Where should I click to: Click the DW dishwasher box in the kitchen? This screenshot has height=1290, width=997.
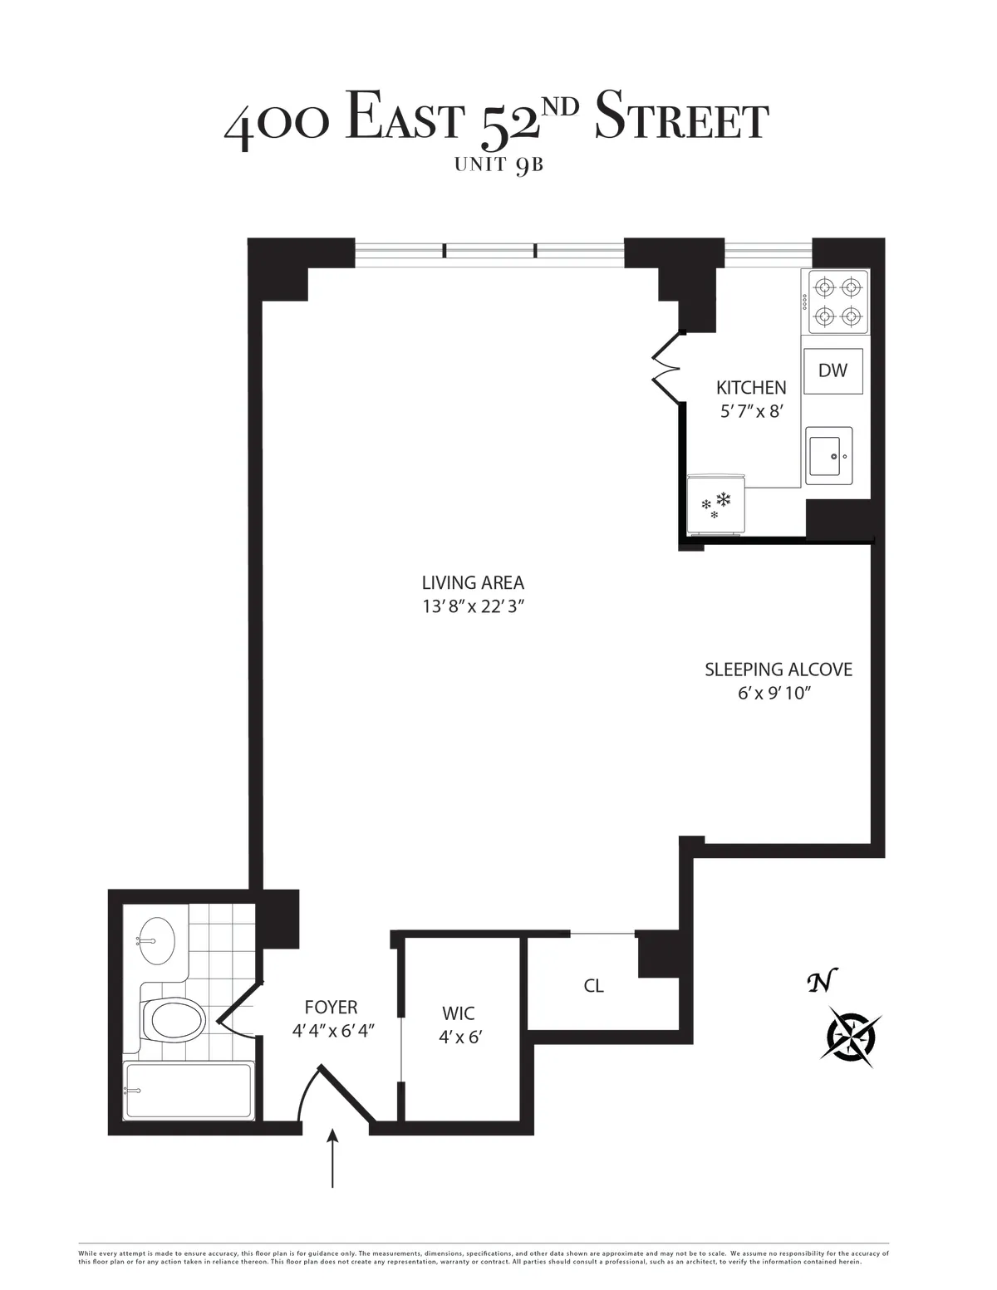click(832, 371)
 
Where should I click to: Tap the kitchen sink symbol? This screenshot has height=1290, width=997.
click(830, 455)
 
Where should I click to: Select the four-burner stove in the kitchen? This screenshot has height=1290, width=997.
click(835, 302)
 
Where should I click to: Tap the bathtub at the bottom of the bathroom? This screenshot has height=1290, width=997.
click(187, 1090)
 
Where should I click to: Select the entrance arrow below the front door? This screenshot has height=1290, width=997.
click(333, 1159)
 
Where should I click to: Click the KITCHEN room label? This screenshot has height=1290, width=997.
click(751, 387)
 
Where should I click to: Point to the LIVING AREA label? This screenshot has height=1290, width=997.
click(473, 583)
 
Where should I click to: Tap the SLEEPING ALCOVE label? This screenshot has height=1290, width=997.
click(778, 670)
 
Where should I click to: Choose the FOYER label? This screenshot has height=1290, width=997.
click(331, 1008)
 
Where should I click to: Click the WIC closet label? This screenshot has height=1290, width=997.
click(458, 1013)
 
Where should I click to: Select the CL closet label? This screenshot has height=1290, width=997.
click(593, 986)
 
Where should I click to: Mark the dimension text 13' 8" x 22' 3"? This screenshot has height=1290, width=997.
click(474, 607)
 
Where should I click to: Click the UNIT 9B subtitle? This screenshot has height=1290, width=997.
click(498, 164)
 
